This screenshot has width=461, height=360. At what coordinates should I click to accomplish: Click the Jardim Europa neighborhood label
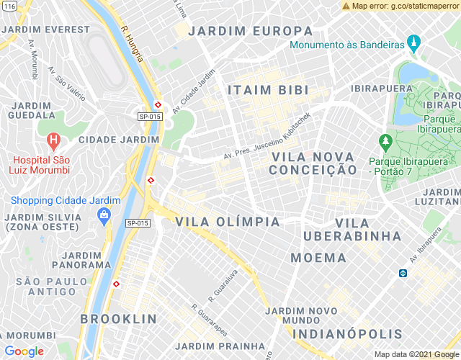(x=251, y=32)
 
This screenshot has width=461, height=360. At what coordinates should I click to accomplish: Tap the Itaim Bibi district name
(x=268, y=90)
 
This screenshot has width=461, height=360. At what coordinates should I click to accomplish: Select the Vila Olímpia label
(x=228, y=222)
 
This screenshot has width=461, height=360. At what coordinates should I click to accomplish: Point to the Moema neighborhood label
(x=318, y=257)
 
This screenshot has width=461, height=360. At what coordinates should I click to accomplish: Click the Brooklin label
(x=118, y=318)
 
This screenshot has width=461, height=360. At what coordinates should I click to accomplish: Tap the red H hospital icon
(x=53, y=140)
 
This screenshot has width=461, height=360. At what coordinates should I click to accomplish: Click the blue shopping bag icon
(x=104, y=214)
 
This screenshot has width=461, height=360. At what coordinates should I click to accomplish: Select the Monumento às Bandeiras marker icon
(x=413, y=45)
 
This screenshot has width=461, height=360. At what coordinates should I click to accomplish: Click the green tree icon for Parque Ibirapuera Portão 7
(x=385, y=140)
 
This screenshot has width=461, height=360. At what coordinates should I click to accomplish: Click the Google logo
(x=24, y=351)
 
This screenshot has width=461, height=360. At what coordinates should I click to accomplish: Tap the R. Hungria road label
(x=135, y=43)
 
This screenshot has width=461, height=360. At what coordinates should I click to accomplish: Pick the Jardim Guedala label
(x=31, y=110)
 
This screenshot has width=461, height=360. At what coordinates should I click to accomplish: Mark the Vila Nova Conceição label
(x=313, y=163)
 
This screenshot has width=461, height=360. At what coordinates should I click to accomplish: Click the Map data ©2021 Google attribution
(x=416, y=354)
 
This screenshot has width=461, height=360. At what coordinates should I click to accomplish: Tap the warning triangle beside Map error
(x=346, y=6)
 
